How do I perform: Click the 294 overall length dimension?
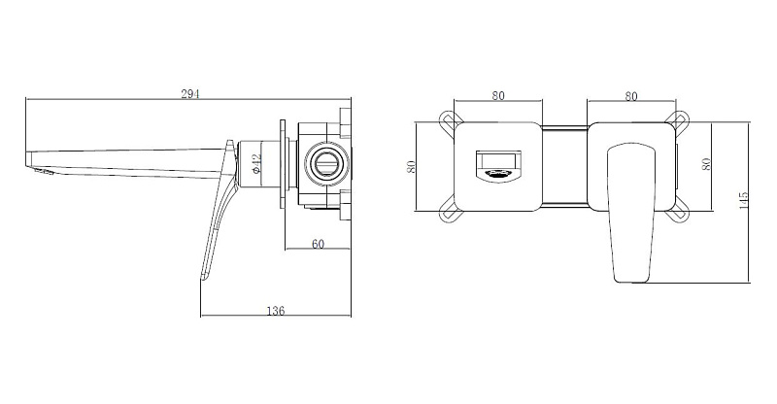pyautogui.click(x=189, y=94)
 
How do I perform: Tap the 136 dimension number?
pyautogui.click(x=276, y=311)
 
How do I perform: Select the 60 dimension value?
pyautogui.click(x=318, y=244)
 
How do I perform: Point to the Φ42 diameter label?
pyautogui.click(x=256, y=163)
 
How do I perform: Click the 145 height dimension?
pyautogui.click(x=743, y=200)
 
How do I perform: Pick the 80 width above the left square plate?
pyautogui.click(x=498, y=96)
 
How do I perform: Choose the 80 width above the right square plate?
pyautogui.click(x=630, y=96)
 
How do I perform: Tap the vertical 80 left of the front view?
pyautogui.click(x=411, y=166)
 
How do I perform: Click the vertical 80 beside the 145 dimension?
pyautogui.click(x=706, y=164)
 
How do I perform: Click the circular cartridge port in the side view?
pyautogui.click(x=325, y=163)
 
